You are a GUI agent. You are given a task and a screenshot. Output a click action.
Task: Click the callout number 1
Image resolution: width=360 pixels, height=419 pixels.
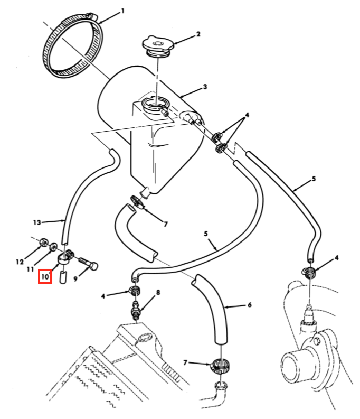[x=122, y=11]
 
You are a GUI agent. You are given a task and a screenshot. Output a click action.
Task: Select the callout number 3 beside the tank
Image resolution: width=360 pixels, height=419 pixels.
[x=205, y=87]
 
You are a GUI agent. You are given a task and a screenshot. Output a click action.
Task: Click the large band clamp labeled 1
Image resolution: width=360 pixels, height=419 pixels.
[x=73, y=46]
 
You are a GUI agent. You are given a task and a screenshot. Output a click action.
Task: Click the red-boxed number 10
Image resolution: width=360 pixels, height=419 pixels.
[x=45, y=276]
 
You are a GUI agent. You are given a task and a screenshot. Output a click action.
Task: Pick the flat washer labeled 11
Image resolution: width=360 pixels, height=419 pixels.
[x=53, y=246]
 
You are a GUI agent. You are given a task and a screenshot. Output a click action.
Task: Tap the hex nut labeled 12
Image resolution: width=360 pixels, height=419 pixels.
[x=43, y=243]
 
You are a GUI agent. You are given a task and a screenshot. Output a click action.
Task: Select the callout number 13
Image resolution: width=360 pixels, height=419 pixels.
[x=37, y=222]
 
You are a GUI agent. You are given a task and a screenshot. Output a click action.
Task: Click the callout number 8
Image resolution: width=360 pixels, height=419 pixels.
[x=158, y=293]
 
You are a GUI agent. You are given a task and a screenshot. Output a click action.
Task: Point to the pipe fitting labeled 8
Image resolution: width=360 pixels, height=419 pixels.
[x=136, y=310]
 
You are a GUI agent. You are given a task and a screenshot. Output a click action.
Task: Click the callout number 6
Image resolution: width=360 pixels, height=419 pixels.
[x=249, y=305]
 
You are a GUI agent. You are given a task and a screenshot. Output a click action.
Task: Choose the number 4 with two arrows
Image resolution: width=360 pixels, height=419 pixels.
[x=247, y=115]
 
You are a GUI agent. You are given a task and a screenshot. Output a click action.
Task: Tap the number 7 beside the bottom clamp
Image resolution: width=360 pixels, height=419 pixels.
[x=185, y=362]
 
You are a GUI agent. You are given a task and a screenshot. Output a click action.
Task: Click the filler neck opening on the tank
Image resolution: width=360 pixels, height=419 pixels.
[x=155, y=104]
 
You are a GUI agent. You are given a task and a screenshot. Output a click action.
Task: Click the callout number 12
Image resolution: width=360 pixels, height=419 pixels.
[x=20, y=262]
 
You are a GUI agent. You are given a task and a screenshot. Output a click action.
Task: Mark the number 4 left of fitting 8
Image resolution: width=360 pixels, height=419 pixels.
[x=103, y=296]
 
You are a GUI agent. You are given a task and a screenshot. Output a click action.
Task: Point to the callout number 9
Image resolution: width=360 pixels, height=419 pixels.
[x=75, y=279]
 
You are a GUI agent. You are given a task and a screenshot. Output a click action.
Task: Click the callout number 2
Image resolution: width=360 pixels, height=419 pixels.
[x=198, y=34]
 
